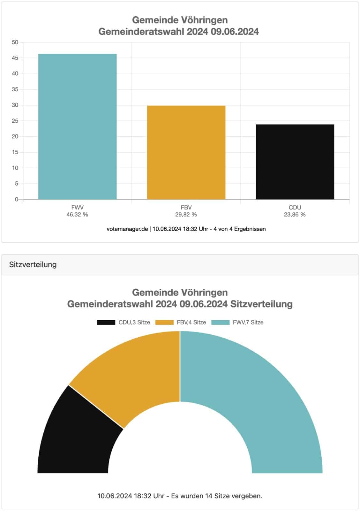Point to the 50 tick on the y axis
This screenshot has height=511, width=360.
(x=15, y=42)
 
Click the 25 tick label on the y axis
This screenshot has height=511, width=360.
(x=15, y=121)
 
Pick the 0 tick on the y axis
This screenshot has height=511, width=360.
(x=17, y=199)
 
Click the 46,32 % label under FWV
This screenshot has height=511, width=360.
(x=77, y=215)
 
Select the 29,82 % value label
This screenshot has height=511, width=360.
(x=186, y=215)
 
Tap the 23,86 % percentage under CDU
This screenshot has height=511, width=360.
(x=295, y=215)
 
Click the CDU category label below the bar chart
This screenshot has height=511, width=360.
(x=295, y=208)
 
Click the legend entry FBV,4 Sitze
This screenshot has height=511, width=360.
(x=181, y=322)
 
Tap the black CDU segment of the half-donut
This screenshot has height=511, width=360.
(x=77, y=441)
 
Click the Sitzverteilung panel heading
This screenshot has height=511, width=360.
(x=33, y=264)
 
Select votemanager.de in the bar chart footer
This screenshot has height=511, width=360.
(x=127, y=229)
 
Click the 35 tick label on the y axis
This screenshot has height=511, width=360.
(x=15, y=89)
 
